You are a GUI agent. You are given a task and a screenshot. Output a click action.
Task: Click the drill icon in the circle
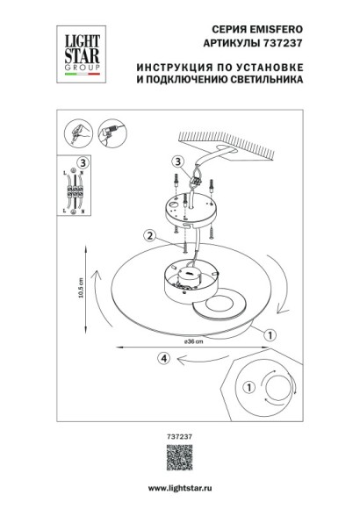110,133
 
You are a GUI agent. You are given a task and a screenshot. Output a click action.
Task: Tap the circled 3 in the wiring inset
81,162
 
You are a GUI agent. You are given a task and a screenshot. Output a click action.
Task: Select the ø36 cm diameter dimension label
192,341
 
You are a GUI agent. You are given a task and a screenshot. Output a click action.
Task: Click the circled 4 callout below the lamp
162,357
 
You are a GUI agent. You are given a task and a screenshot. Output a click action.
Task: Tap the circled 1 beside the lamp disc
270,334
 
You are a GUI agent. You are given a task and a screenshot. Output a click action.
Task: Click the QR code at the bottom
180,459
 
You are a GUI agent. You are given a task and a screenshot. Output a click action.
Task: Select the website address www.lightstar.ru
179,487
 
